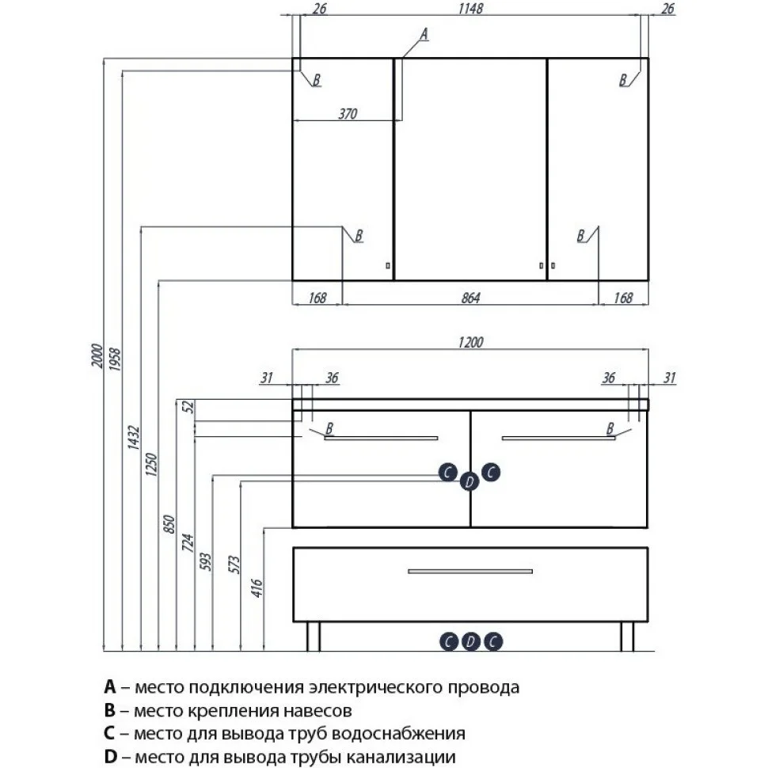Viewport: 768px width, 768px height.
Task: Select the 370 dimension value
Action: tap(348, 114)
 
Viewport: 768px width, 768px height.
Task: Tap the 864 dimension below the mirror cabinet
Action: tap(470, 298)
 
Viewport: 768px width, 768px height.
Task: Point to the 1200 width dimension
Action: tap(470, 342)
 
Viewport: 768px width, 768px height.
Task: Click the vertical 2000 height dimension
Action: tap(96, 362)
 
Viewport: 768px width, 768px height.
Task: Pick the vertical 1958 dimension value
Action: tap(114, 362)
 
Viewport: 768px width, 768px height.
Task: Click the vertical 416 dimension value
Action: tap(257, 587)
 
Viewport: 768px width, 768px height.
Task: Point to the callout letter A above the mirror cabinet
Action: tap(423, 33)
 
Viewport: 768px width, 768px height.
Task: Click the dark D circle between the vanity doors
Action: tap(470, 481)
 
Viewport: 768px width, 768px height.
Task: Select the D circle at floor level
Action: tap(470, 641)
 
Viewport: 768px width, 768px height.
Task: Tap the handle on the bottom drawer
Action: tap(470, 571)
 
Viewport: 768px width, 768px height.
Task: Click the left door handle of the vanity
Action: tap(381, 438)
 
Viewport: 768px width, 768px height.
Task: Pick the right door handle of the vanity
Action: tap(558, 438)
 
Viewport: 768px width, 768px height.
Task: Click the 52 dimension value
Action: tap(188, 407)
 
